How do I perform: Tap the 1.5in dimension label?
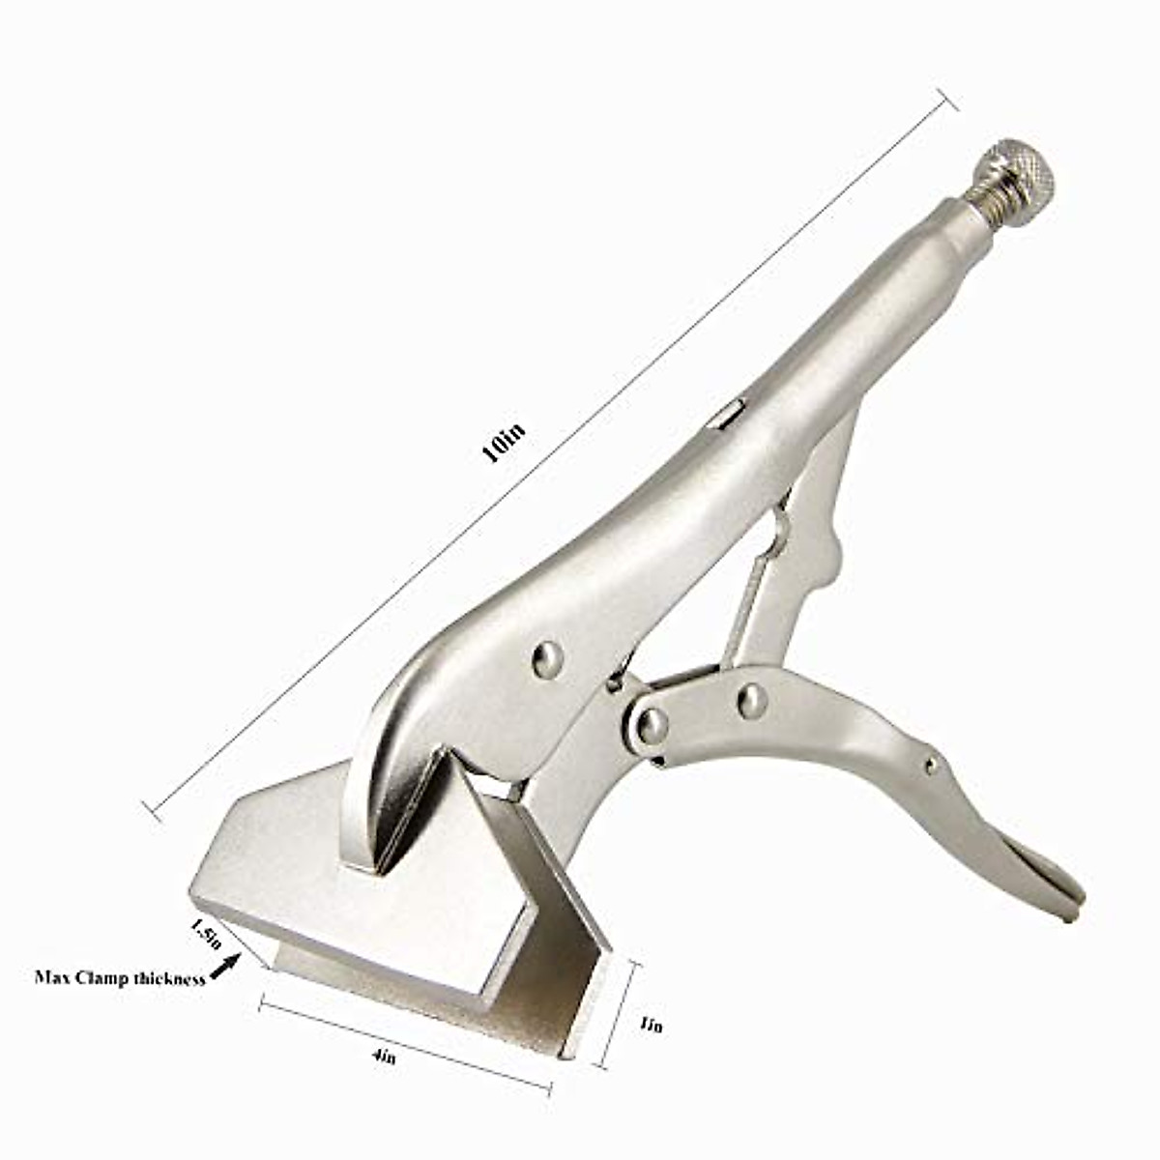[x=207, y=935]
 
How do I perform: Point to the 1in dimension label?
[x=652, y=1025]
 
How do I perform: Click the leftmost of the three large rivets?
[x=547, y=660]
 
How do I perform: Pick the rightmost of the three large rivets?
[x=751, y=699]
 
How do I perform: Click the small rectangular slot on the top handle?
[x=729, y=413]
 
